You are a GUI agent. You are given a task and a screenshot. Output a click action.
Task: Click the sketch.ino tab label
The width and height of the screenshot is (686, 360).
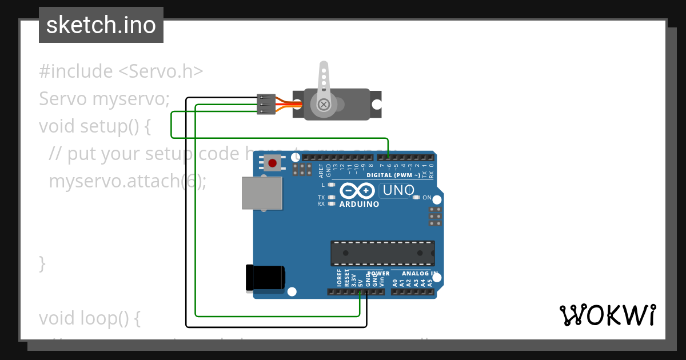(x=101, y=25)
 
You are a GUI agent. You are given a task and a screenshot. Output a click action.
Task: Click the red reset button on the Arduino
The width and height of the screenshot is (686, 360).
(x=273, y=163)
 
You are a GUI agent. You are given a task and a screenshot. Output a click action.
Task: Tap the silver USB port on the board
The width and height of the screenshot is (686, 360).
(x=262, y=193)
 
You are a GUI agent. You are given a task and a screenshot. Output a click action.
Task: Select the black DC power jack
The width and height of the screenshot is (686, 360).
(x=264, y=278)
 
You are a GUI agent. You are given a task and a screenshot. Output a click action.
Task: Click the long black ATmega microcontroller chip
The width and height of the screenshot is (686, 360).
(x=382, y=253)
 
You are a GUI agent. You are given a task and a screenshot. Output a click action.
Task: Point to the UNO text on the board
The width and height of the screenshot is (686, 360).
(x=398, y=191)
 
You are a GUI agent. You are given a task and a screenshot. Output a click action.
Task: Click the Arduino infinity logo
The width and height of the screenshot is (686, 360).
(x=358, y=191)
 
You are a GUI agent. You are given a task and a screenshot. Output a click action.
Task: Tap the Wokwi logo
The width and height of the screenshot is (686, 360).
(x=607, y=315)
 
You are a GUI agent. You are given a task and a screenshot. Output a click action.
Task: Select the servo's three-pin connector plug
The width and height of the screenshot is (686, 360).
(x=266, y=105)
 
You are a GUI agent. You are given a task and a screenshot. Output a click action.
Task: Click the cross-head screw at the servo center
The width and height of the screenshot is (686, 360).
(x=324, y=105)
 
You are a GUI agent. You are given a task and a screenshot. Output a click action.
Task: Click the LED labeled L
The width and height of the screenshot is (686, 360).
(x=332, y=185)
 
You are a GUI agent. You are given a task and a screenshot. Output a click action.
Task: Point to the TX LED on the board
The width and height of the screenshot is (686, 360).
(x=332, y=198)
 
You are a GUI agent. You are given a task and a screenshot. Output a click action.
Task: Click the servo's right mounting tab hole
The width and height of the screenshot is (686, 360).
(x=377, y=105)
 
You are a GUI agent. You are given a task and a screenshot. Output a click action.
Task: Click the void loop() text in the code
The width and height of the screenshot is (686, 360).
(x=89, y=318)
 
